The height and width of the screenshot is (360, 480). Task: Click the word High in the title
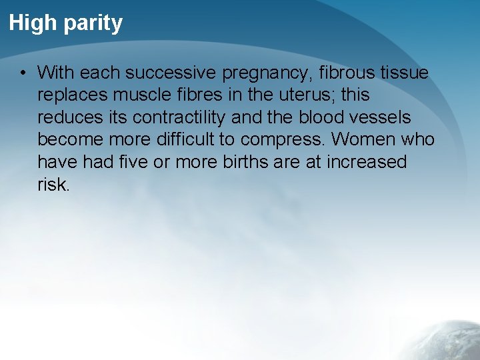point(33,23)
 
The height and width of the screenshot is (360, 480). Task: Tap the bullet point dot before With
point(23,72)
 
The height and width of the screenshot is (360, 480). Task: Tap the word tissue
point(407,72)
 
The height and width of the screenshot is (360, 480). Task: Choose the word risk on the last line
point(53,185)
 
